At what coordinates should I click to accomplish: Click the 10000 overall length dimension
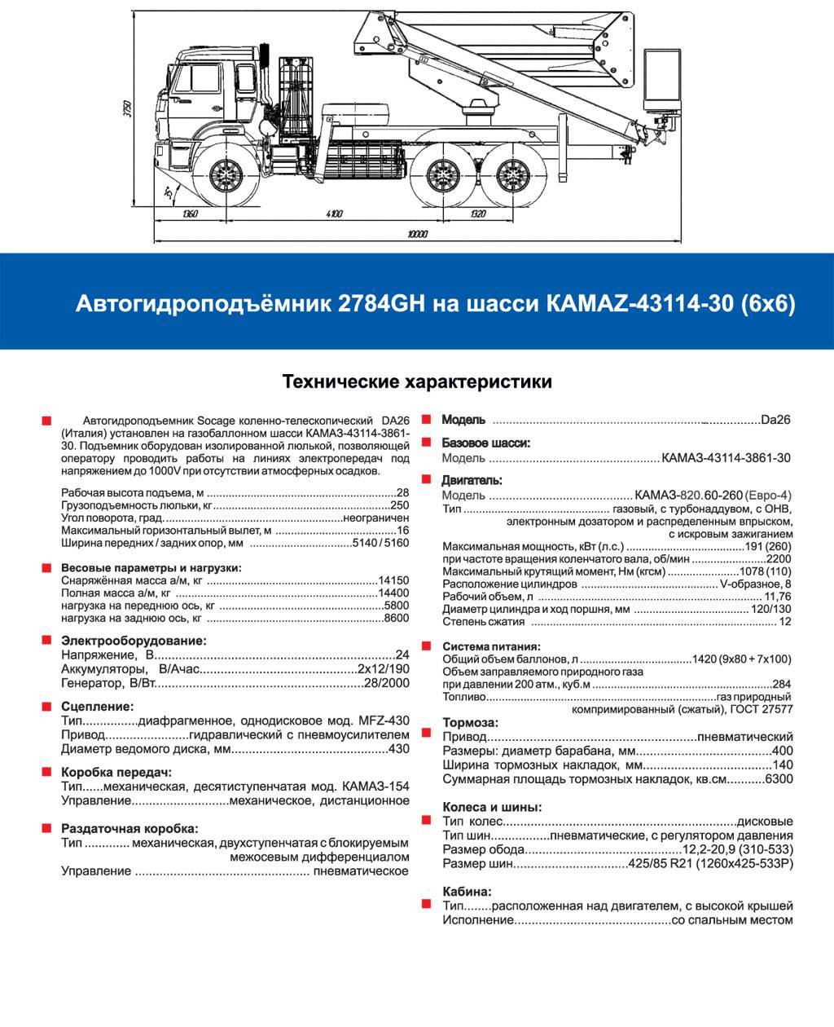(419, 235)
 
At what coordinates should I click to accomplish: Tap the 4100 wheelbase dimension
(334, 214)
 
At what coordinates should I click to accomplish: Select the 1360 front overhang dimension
(191, 214)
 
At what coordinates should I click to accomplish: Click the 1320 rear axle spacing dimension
(477, 214)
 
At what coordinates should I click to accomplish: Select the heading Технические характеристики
(416, 381)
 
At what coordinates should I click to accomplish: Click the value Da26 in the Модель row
(775, 421)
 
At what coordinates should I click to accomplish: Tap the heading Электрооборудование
(134, 641)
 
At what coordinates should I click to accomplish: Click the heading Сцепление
(97, 706)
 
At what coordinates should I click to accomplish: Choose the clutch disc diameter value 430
(399, 748)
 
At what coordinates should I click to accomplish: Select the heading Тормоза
(470, 723)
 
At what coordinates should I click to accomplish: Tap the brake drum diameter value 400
(782, 751)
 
